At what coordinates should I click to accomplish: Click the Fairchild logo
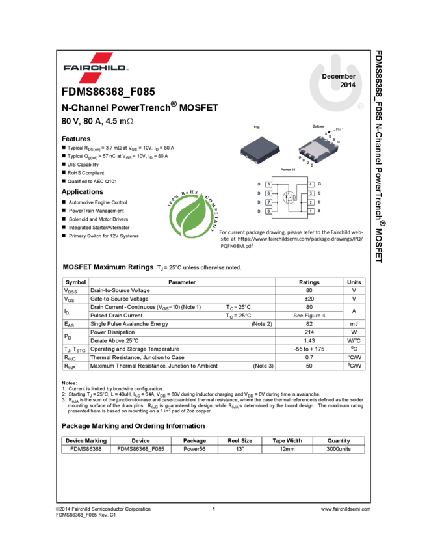96,68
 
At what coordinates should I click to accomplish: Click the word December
339,76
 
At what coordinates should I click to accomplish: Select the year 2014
348,85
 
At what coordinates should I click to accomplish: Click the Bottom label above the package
318,126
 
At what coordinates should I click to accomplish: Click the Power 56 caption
288,170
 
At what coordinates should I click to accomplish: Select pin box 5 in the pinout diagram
268,185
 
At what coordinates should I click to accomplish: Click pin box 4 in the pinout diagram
311,185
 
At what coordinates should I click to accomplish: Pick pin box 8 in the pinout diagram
268,211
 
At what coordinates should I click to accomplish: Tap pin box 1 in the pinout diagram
311,211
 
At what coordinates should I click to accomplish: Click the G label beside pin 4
320,185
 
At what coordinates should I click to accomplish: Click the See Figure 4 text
309,316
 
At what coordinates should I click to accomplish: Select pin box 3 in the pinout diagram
311,194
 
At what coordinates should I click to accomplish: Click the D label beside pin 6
259,194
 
